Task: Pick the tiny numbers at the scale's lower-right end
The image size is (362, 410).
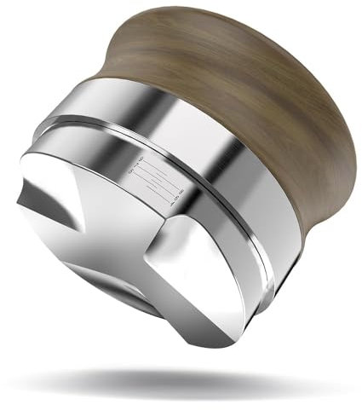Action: (174, 201)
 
